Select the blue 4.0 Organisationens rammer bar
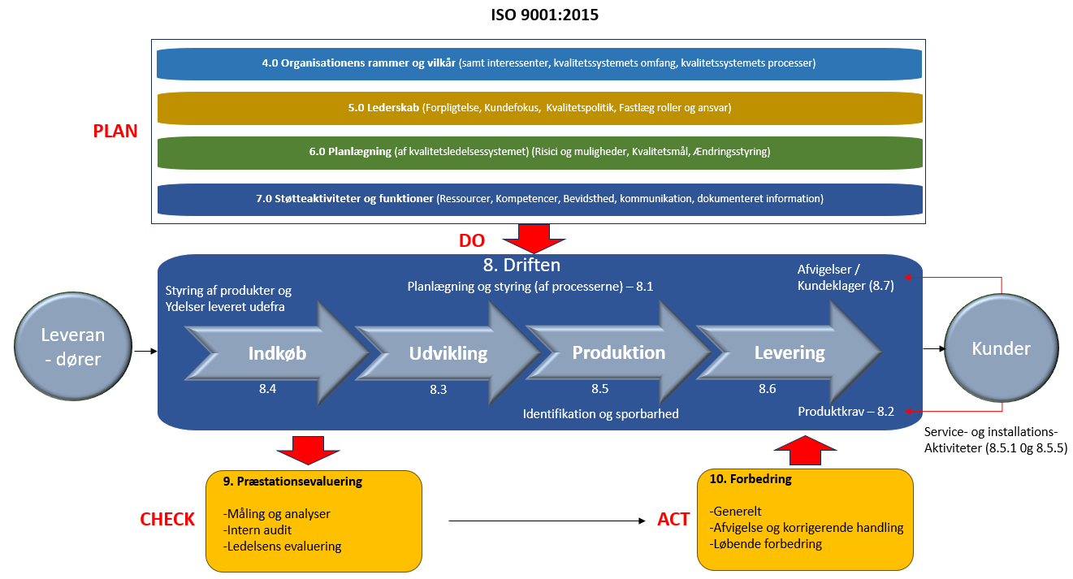[x=539, y=63]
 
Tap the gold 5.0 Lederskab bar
[x=539, y=107]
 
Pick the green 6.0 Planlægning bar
[x=539, y=152]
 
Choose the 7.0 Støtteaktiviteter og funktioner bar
[x=539, y=198]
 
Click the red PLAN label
[x=115, y=132]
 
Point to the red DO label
[x=472, y=240]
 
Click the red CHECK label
[x=167, y=520]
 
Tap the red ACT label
[x=673, y=520]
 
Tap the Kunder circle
[x=1001, y=349]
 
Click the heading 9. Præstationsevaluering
[x=292, y=482]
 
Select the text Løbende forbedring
[x=766, y=543]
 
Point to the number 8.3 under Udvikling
[x=439, y=390]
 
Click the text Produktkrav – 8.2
[x=846, y=411]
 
